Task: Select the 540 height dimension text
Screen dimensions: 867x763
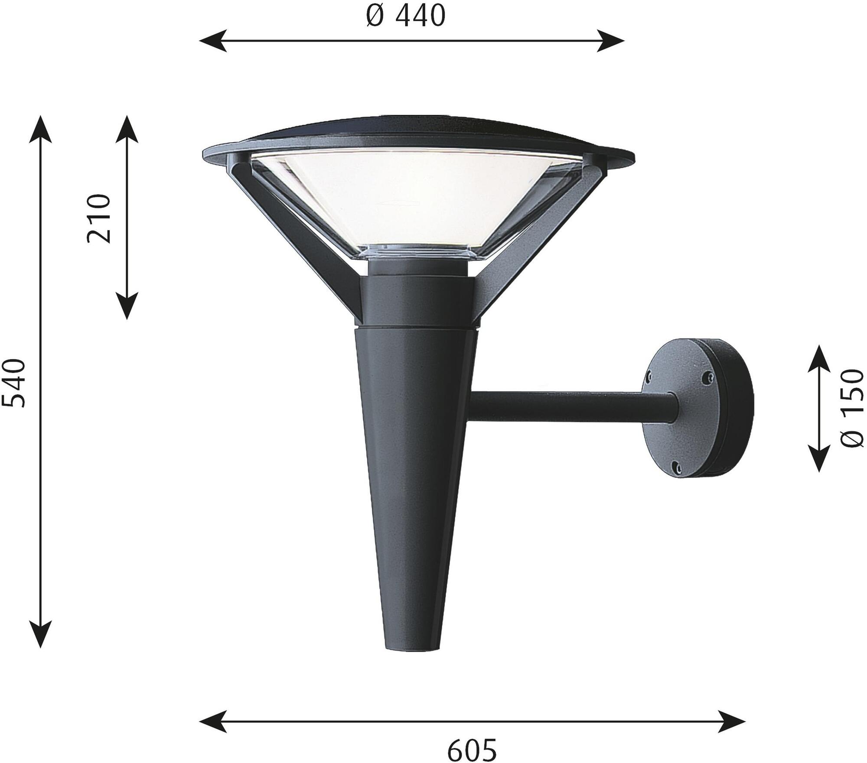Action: click(14, 383)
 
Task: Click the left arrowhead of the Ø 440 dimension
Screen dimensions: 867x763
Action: click(213, 41)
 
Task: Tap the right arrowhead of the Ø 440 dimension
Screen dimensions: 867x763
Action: click(611, 41)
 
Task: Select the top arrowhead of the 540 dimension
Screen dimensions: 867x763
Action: click(40, 129)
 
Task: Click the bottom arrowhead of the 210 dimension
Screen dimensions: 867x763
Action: click(127, 305)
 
